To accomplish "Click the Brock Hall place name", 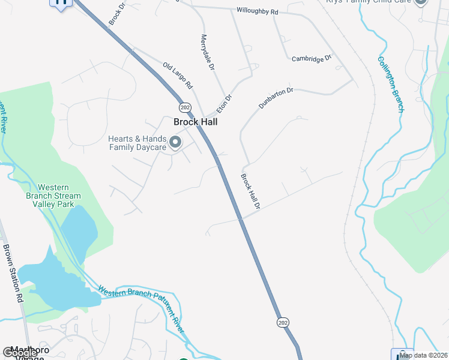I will click(x=195, y=122).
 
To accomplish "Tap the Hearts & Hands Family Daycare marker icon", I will click(x=175, y=142).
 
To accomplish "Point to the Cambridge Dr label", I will click(x=312, y=58).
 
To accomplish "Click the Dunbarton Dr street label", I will click(x=276, y=98).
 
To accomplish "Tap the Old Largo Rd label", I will click(x=177, y=74).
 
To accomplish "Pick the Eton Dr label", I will click(x=224, y=103).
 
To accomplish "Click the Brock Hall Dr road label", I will click(x=250, y=191).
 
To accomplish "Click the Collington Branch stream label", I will click(x=391, y=84).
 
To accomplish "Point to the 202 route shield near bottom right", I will click(x=283, y=322).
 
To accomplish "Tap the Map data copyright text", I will click(x=424, y=355).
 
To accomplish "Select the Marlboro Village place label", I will click(x=24, y=352).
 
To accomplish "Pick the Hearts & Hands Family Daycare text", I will click(x=136, y=143).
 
